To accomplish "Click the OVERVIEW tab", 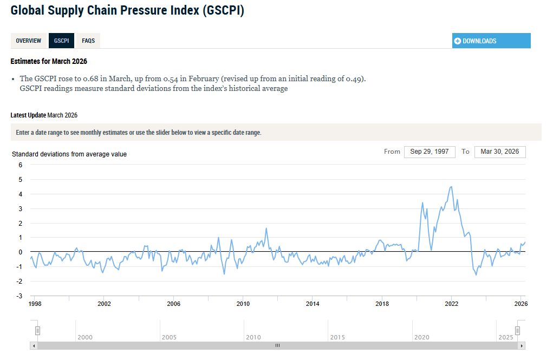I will pyautogui.click(x=29, y=41).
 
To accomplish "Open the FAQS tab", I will pyautogui.click(x=88, y=41).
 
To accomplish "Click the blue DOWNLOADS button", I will pyautogui.click(x=491, y=41).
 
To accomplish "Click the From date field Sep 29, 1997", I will pyautogui.click(x=429, y=152).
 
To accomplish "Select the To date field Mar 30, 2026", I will pyautogui.click(x=499, y=152).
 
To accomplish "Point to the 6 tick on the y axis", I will pyautogui.click(x=20, y=165).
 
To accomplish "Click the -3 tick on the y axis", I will pyautogui.click(x=19, y=296).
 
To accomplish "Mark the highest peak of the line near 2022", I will pyautogui.click(x=451, y=187).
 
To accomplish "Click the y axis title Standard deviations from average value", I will pyautogui.click(x=69, y=154).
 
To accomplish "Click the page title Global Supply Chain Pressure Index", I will pyautogui.click(x=127, y=10).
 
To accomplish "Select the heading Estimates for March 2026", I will pyautogui.click(x=49, y=61).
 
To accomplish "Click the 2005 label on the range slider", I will pyautogui.click(x=169, y=337).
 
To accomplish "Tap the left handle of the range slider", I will pyautogui.click(x=37, y=330).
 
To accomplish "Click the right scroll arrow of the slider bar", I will pyautogui.click(x=522, y=345).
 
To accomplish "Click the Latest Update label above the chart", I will pyautogui.click(x=28, y=115).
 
